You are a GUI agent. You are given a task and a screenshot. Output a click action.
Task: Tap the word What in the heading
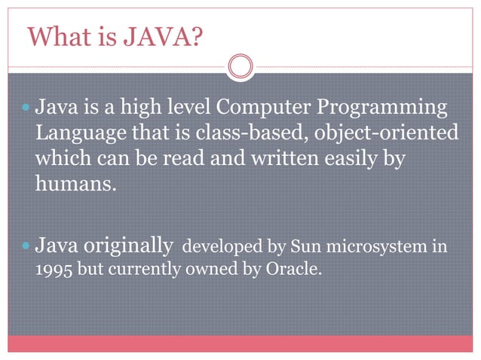[x=57, y=36]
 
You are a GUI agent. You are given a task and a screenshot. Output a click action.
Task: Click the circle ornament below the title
[x=240, y=66]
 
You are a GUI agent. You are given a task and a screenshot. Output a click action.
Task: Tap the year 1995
[x=53, y=269]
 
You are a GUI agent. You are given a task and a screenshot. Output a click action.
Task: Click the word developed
[x=220, y=246]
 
